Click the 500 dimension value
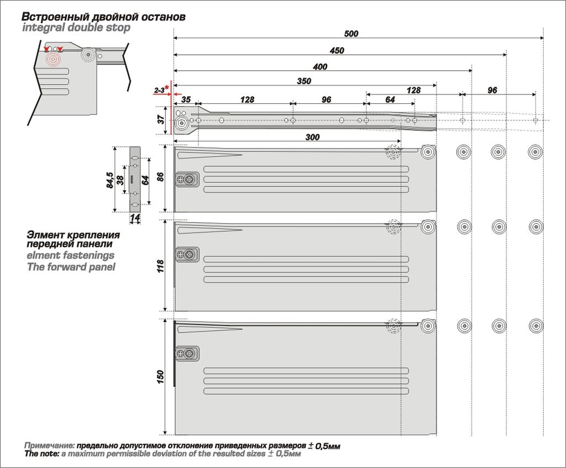pos(351,34)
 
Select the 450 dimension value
pos(337,51)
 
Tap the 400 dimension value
pos(319,67)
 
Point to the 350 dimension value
pos(303,81)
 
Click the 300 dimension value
pos(312,137)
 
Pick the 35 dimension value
pos(186,100)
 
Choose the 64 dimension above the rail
pos(390,100)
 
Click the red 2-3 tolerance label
pos(160,90)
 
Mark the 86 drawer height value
pos(161,178)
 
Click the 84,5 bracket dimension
pos(110,180)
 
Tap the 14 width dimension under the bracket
pos(134,218)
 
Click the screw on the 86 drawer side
pos(190,179)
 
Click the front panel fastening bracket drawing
pos(134,179)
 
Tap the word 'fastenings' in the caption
pos(83,256)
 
